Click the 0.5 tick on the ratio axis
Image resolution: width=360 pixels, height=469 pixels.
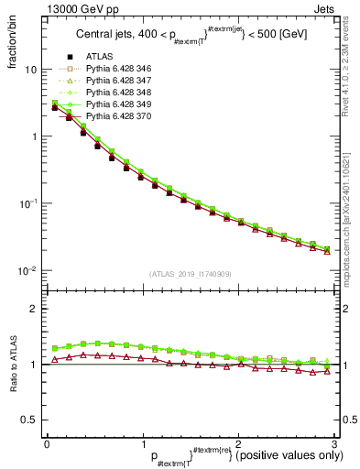(x=29, y=420)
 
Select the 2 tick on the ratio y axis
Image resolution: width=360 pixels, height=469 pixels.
(x=35, y=309)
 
